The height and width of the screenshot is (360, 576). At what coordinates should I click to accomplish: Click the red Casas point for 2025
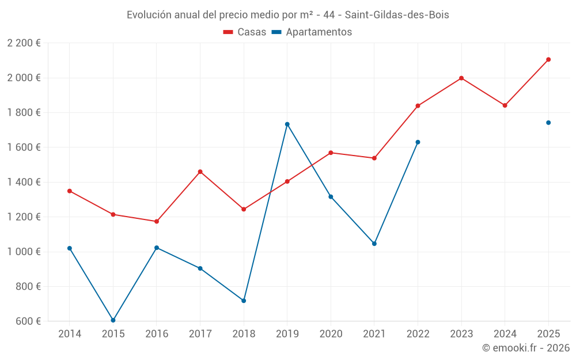click(x=548, y=59)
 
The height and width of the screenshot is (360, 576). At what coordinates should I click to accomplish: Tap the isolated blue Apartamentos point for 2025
click(x=548, y=123)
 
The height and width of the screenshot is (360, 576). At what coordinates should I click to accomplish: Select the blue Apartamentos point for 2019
click(x=287, y=124)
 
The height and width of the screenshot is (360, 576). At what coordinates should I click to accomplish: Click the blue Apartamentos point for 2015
click(x=113, y=320)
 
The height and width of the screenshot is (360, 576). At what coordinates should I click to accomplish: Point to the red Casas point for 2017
click(x=200, y=172)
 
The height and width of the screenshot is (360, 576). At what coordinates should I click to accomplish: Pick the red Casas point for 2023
click(x=461, y=78)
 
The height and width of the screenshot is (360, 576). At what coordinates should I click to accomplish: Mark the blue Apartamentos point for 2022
click(x=418, y=142)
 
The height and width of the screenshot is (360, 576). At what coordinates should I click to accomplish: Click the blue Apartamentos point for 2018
click(x=244, y=301)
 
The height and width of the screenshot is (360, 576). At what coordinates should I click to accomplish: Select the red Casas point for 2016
click(x=157, y=221)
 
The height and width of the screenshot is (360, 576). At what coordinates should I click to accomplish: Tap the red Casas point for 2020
click(x=331, y=153)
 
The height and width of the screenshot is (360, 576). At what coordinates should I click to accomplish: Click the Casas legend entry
click(x=245, y=32)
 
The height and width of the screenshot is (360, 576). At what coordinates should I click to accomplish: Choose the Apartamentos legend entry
click(x=312, y=32)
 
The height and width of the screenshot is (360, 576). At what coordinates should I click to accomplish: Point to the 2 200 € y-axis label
click(x=24, y=43)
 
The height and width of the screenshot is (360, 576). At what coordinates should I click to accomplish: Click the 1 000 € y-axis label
click(x=24, y=252)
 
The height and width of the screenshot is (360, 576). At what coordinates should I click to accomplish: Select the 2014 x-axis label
click(x=70, y=334)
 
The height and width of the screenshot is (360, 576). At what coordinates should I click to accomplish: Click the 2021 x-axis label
click(x=374, y=334)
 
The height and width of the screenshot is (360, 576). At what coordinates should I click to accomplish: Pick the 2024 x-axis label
click(x=505, y=334)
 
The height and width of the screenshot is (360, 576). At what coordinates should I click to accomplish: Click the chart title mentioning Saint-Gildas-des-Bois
click(x=287, y=15)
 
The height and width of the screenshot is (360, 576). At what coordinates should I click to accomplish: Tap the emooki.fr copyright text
click(x=525, y=348)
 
